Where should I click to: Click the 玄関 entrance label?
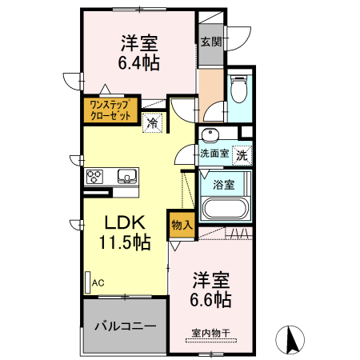coord(211,42)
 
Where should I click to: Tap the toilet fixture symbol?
coord(238,90)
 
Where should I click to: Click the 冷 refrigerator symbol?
coord(153,122)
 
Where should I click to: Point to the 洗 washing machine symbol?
coord(242,154)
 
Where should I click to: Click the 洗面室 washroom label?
coord(214,154)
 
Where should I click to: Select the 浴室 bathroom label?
coord(224,186)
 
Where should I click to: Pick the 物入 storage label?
coord(182,225)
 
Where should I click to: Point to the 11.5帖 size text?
coord(123,242)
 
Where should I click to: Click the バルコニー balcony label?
coord(126,326)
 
